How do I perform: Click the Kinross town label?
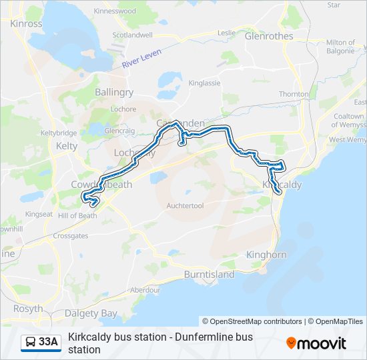27,23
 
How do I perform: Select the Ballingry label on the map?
114,92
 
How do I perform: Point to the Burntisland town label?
209,275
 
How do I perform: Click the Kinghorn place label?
266,255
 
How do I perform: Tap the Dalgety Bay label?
91,313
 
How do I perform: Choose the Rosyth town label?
27,309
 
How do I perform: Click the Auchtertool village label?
185,206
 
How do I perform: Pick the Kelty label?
67,145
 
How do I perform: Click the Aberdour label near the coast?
145,290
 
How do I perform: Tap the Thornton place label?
294,94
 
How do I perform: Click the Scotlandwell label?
133,35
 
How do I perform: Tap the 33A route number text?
48,342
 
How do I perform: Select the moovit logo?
316,343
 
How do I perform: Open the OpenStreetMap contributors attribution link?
252,321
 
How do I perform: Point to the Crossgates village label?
71,236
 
